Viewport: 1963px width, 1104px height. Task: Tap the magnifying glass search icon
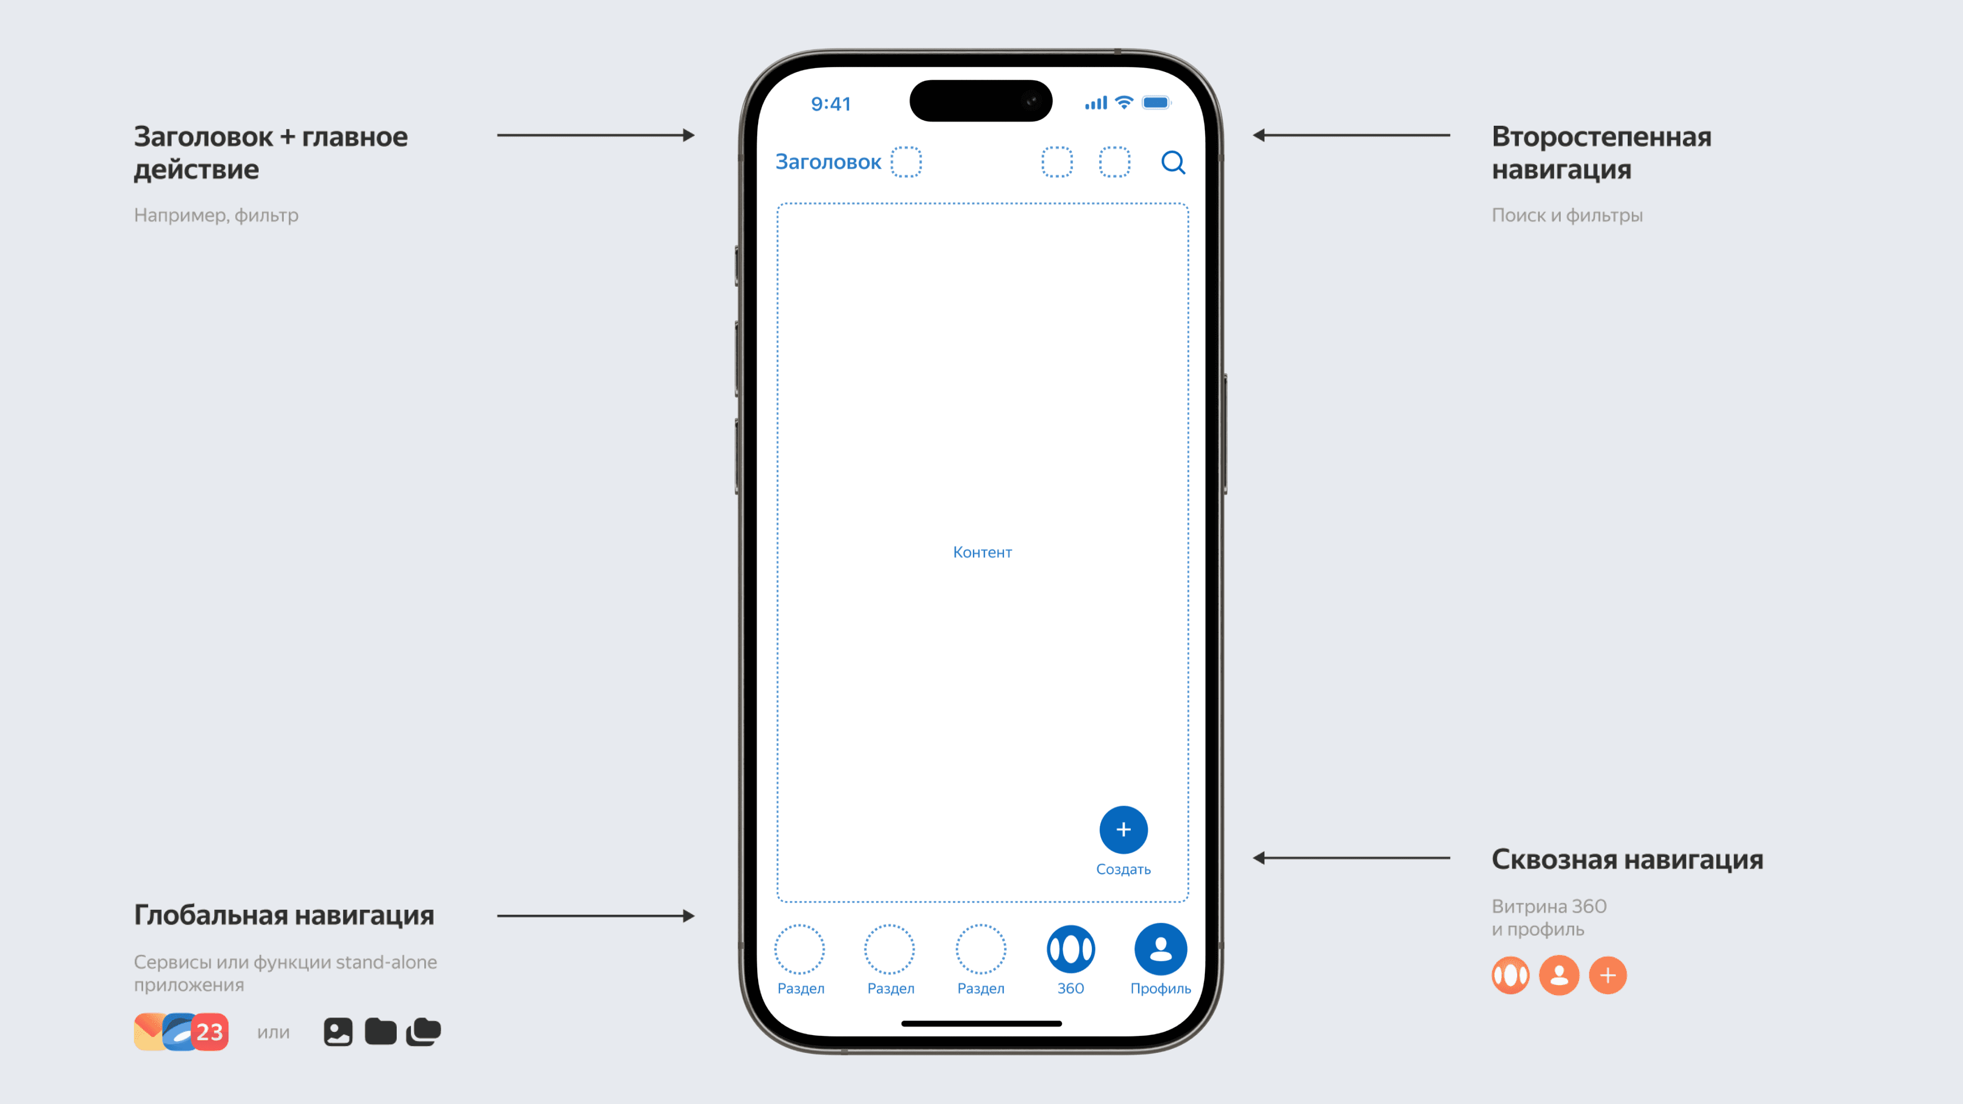[1173, 163]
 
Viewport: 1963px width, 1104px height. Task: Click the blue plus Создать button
[1123, 830]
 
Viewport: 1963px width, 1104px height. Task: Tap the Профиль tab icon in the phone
[1160, 949]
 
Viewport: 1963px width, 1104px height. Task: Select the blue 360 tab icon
[1070, 949]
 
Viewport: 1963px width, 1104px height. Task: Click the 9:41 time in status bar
[831, 104]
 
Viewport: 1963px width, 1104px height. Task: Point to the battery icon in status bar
[1156, 103]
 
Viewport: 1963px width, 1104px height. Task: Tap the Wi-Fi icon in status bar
[1124, 103]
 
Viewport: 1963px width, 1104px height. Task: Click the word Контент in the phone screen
[982, 553]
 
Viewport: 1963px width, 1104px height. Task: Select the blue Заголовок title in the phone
[828, 163]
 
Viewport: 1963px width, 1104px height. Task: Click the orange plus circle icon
[1608, 975]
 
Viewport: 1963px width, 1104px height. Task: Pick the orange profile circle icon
[1559, 975]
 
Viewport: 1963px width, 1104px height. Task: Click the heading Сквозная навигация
[1627, 859]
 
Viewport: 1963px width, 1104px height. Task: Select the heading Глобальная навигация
[284, 915]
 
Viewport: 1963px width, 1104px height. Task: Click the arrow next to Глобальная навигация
[595, 916]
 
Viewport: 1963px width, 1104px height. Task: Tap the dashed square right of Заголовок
[906, 163]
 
